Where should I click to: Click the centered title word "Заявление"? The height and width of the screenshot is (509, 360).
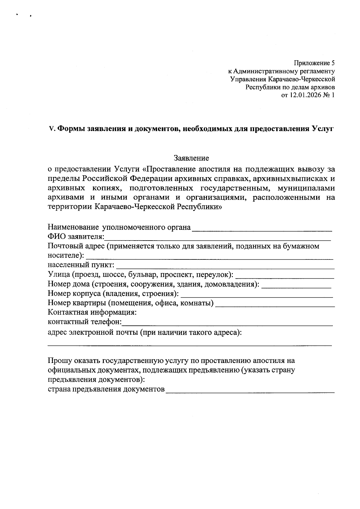191,158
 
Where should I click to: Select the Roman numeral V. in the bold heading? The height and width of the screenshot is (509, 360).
52,129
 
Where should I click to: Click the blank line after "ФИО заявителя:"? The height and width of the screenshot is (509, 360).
217,238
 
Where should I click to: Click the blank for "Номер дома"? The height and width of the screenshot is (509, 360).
296,285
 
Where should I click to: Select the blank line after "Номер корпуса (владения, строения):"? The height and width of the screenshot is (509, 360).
256,295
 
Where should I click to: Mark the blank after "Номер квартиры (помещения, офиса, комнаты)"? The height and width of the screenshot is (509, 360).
275,304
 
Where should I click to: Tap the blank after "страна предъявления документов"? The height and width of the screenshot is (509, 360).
250,391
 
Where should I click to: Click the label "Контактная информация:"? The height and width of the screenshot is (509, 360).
92,313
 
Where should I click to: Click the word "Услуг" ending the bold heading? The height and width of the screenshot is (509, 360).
322,129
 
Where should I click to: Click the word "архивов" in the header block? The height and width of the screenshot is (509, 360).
323,87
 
